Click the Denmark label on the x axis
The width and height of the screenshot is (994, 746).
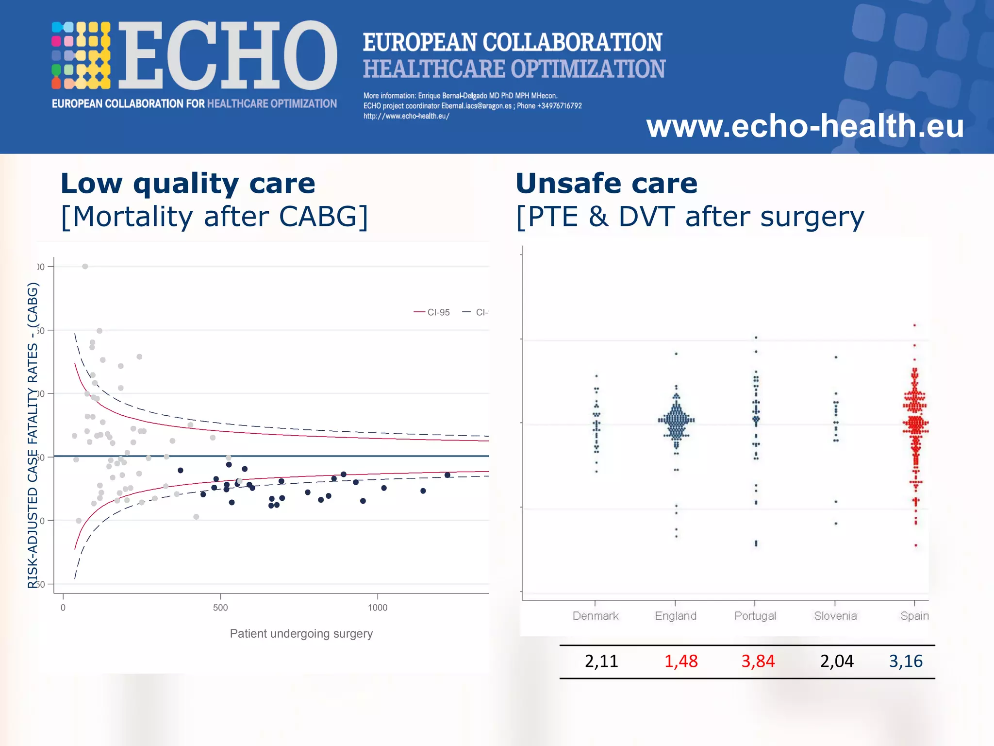596,616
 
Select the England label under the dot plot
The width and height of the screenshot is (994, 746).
676,616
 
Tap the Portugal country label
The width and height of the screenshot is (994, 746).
755,616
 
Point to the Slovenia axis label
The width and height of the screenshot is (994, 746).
835,616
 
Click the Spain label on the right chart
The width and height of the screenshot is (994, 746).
914,616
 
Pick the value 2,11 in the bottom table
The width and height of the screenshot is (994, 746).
601,661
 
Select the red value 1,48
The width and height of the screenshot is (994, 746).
681,661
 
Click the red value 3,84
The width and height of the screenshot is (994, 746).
758,661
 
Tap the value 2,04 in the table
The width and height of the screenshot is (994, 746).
837,661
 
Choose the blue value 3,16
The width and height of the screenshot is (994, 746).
906,661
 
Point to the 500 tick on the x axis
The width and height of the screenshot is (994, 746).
220,608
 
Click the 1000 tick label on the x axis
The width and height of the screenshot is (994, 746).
378,608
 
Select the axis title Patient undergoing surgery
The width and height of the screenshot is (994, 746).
301,634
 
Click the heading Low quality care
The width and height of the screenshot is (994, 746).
188,184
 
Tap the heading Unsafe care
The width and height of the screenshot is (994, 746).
606,184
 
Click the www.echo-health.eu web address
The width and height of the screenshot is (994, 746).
805,126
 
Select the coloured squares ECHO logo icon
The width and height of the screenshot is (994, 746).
81,55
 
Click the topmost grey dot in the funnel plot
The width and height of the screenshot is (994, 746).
85,266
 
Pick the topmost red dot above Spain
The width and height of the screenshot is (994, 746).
914,325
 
